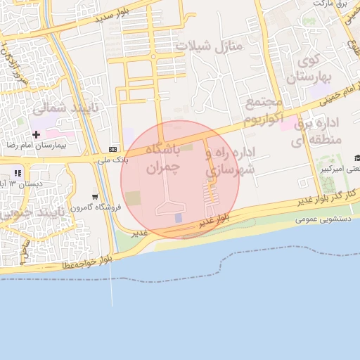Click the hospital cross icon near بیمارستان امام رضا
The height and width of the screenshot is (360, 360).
click(36, 134)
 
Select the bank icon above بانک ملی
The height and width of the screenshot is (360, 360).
click(113, 149)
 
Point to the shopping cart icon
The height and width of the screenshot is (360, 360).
click(95, 196)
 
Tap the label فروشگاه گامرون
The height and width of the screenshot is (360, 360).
click(94, 207)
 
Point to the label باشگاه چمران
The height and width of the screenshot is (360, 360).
click(163, 159)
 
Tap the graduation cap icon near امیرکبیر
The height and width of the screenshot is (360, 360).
click(356, 158)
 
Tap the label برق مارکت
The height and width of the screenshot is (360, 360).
click(331, 4)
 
